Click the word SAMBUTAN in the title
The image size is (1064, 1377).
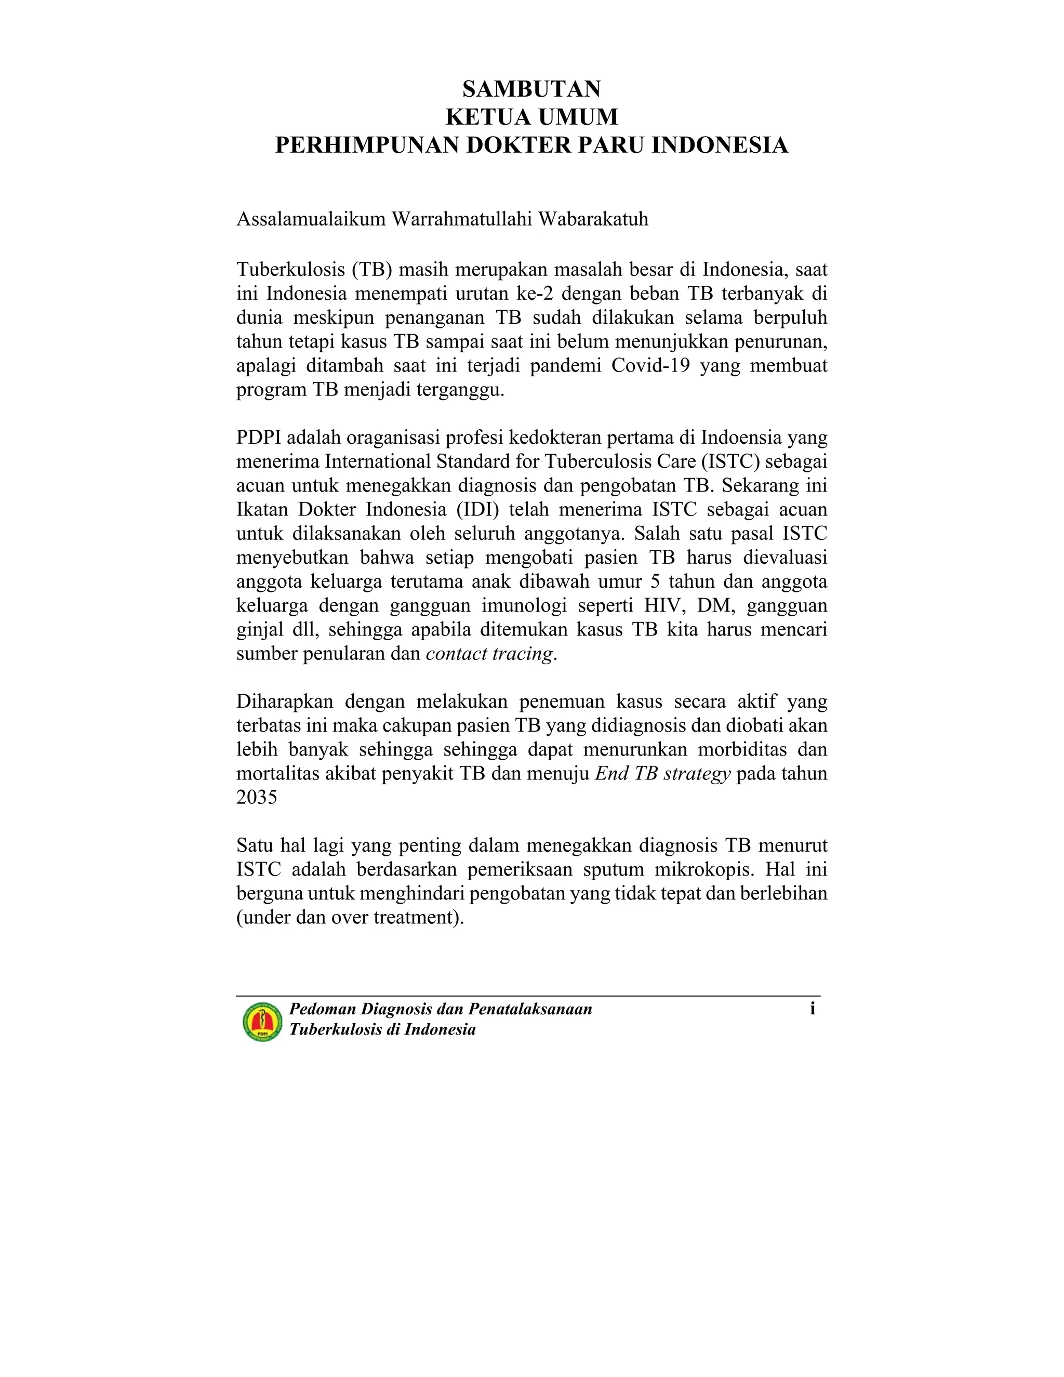click(x=531, y=89)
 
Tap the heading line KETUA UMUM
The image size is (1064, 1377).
click(x=531, y=117)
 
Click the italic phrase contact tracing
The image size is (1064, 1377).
click(x=489, y=653)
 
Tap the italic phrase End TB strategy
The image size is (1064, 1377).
click(x=662, y=773)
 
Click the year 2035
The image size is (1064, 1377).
click(x=257, y=798)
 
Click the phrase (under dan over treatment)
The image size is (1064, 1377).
click(x=350, y=917)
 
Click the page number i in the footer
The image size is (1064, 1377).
click(x=813, y=1009)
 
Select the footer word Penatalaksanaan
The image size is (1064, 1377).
click(x=529, y=1010)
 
